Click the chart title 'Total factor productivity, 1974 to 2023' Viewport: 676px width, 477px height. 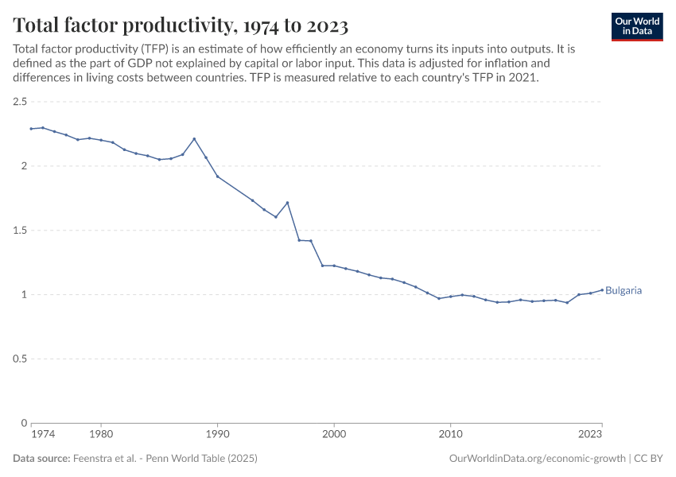coord(181,25)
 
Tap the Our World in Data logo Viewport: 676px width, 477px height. coord(637,26)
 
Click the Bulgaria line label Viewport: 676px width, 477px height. coord(624,291)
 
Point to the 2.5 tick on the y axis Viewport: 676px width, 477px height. coord(20,102)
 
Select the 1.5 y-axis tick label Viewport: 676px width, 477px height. coord(20,231)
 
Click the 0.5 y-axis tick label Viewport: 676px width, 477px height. coord(20,359)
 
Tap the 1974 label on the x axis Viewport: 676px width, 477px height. coord(42,435)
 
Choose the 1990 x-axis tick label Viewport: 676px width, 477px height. coord(217,435)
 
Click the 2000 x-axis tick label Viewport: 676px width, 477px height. coord(334,435)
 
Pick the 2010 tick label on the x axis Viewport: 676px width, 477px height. coord(451,435)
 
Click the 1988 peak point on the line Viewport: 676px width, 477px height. coord(194,139)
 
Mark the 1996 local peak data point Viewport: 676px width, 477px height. coord(287,203)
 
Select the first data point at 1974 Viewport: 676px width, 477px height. coord(31,129)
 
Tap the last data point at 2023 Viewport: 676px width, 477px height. coord(602,289)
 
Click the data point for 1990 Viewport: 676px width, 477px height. coord(217,176)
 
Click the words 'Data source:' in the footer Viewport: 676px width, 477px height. coord(41,459)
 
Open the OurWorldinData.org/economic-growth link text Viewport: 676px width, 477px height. coord(537,459)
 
